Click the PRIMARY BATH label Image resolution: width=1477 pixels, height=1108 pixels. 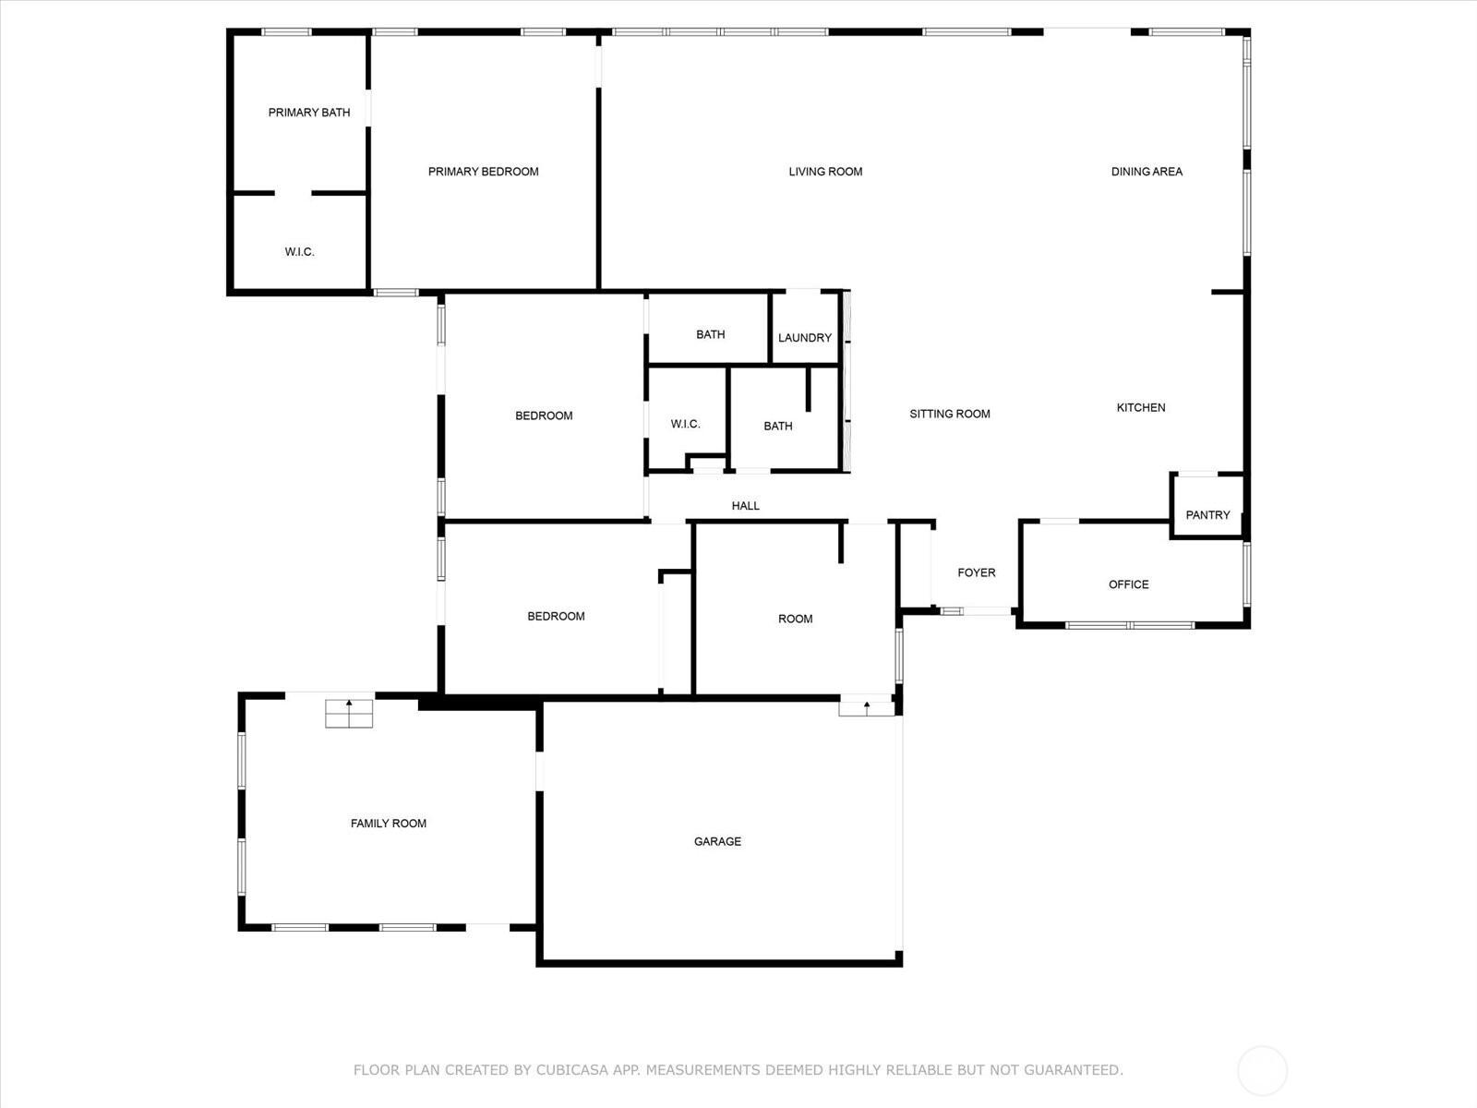(x=309, y=113)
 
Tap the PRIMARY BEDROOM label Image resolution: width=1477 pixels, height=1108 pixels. (x=483, y=172)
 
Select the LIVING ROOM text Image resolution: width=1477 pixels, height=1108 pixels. (x=825, y=172)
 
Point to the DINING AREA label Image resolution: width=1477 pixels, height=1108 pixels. (x=1147, y=172)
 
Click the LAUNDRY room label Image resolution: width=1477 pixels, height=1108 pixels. (x=805, y=338)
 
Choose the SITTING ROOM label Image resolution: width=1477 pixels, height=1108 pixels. (x=950, y=414)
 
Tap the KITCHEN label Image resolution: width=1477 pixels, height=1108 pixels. (x=1141, y=408)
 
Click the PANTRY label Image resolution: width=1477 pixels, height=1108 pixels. (x=1207, y=515)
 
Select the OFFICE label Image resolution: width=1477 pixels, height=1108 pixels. (x=1128, y=584)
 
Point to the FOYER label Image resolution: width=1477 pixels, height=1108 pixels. (x=977, y=572)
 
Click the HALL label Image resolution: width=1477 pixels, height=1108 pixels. (x=746, y=506)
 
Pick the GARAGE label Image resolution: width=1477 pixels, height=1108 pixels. (x=717, y=841)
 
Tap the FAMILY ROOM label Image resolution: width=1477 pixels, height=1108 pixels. (x=389, y=824)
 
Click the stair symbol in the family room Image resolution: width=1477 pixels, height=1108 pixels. (x=349, y=713)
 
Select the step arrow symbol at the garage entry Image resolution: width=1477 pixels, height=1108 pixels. (x=867, y=708)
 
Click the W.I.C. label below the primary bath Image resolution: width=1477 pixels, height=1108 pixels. (x=299, y=251)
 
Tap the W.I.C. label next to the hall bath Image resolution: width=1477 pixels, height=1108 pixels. (x=686, y=424)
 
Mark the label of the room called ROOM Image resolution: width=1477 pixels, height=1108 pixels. (x=796, y=619)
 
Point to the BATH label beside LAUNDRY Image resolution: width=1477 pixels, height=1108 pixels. (x=711, y=334)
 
